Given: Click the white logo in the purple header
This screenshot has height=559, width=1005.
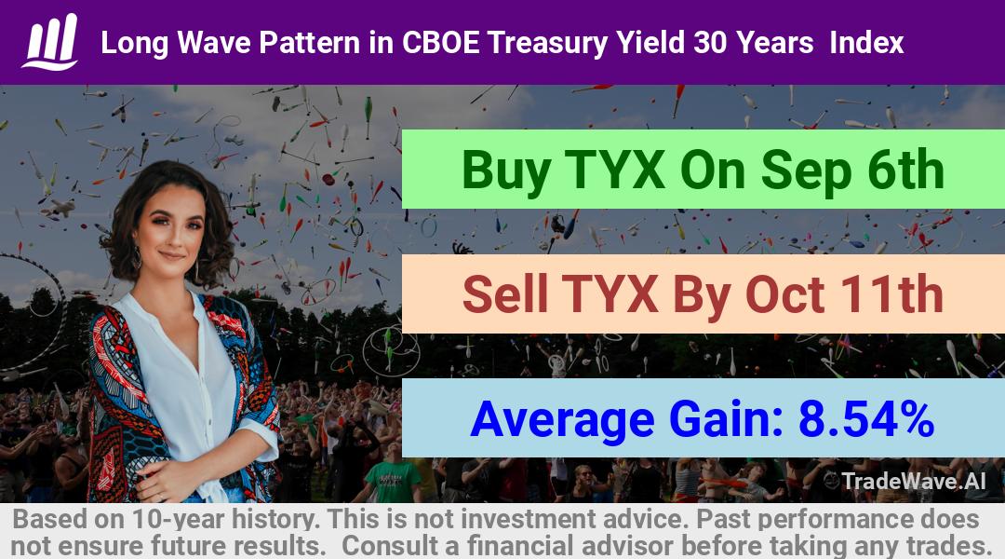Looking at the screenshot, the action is [x=50, y=42].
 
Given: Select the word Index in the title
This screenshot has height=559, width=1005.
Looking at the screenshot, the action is [x=866, y=43].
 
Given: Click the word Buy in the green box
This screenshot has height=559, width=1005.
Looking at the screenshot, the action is [x=505, y=170].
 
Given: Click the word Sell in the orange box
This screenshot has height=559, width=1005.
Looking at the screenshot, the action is [x=504, y=293].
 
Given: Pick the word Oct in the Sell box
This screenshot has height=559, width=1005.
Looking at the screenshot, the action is [x=784, y=294].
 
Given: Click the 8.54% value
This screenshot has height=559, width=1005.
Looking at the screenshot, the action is [x=866, y=419].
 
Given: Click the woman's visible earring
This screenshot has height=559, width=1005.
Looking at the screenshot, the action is [x=137, y=258].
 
